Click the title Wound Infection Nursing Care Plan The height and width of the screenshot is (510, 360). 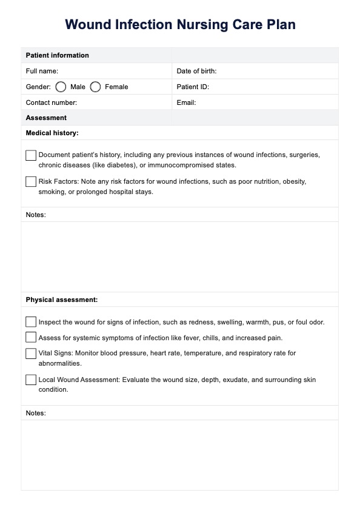point(180,25)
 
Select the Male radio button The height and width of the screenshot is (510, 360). point(61,87)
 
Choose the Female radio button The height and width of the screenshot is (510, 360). point(95,87)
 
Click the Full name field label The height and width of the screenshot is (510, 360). point(42,71)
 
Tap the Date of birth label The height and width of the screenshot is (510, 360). point(196,71)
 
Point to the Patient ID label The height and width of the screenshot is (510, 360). point(193,87)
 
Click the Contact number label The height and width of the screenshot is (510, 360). point(52,102)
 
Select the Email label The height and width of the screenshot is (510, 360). point(186,102)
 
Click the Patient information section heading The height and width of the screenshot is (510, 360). point(57,55)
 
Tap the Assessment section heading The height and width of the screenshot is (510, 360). point(46,118)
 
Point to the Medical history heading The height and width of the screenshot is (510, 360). point(52,133)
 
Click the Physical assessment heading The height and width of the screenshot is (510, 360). point(62,300)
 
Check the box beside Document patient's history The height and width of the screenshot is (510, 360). point(31,155)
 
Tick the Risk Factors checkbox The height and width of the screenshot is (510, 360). point(31,181)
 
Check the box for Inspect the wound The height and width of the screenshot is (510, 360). point(31,321)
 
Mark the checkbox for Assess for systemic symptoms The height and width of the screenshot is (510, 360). point(31,337)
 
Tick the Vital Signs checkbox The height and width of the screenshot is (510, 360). point(31,353)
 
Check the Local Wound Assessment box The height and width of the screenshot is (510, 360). point(31,380)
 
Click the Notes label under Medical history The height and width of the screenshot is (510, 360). point(36,215)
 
